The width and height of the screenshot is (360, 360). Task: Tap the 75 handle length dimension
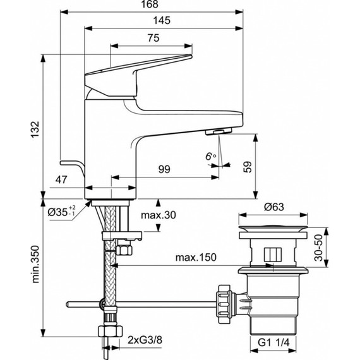pos(152,38)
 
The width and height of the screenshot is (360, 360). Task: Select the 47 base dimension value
pos(61,181)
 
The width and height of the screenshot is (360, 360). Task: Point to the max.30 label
pos(158,216)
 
